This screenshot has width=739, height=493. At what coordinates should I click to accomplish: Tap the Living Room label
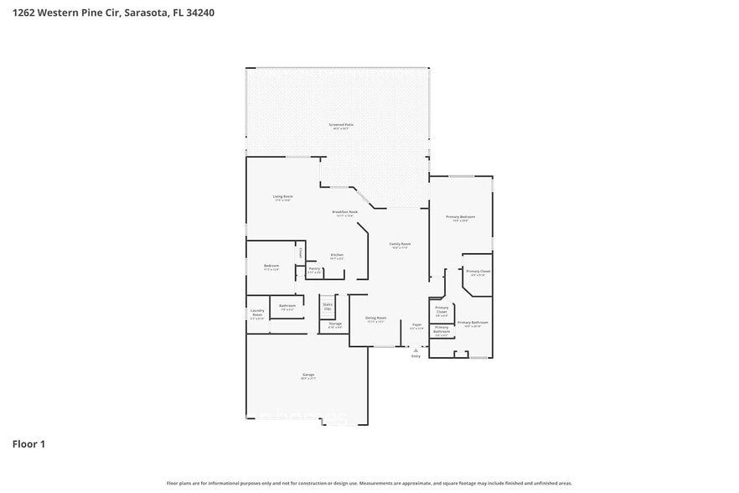[282, 196]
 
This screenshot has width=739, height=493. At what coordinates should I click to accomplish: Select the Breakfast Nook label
[345, 212]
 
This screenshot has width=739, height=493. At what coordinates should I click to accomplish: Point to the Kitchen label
[337, 255]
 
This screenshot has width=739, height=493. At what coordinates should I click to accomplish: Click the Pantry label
[314, 269]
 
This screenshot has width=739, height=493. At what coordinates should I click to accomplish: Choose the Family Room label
[400, 244]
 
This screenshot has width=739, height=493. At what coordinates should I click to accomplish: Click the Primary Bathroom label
[473, 323]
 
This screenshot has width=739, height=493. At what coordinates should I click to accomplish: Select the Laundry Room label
[257, 312]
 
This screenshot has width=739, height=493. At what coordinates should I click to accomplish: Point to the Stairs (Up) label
[328, 307]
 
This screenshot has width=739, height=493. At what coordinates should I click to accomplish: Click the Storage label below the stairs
[334, 324]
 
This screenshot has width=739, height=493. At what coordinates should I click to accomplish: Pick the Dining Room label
[375, 319]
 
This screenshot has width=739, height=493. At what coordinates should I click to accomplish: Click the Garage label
[308, 375]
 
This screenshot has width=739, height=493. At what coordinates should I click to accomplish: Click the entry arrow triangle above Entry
[416, 348]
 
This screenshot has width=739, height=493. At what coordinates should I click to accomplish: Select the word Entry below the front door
[416, 356]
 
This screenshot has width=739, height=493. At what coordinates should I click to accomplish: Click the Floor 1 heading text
[28, 444]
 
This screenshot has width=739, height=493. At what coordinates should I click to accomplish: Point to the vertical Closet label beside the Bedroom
[301, 252]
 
